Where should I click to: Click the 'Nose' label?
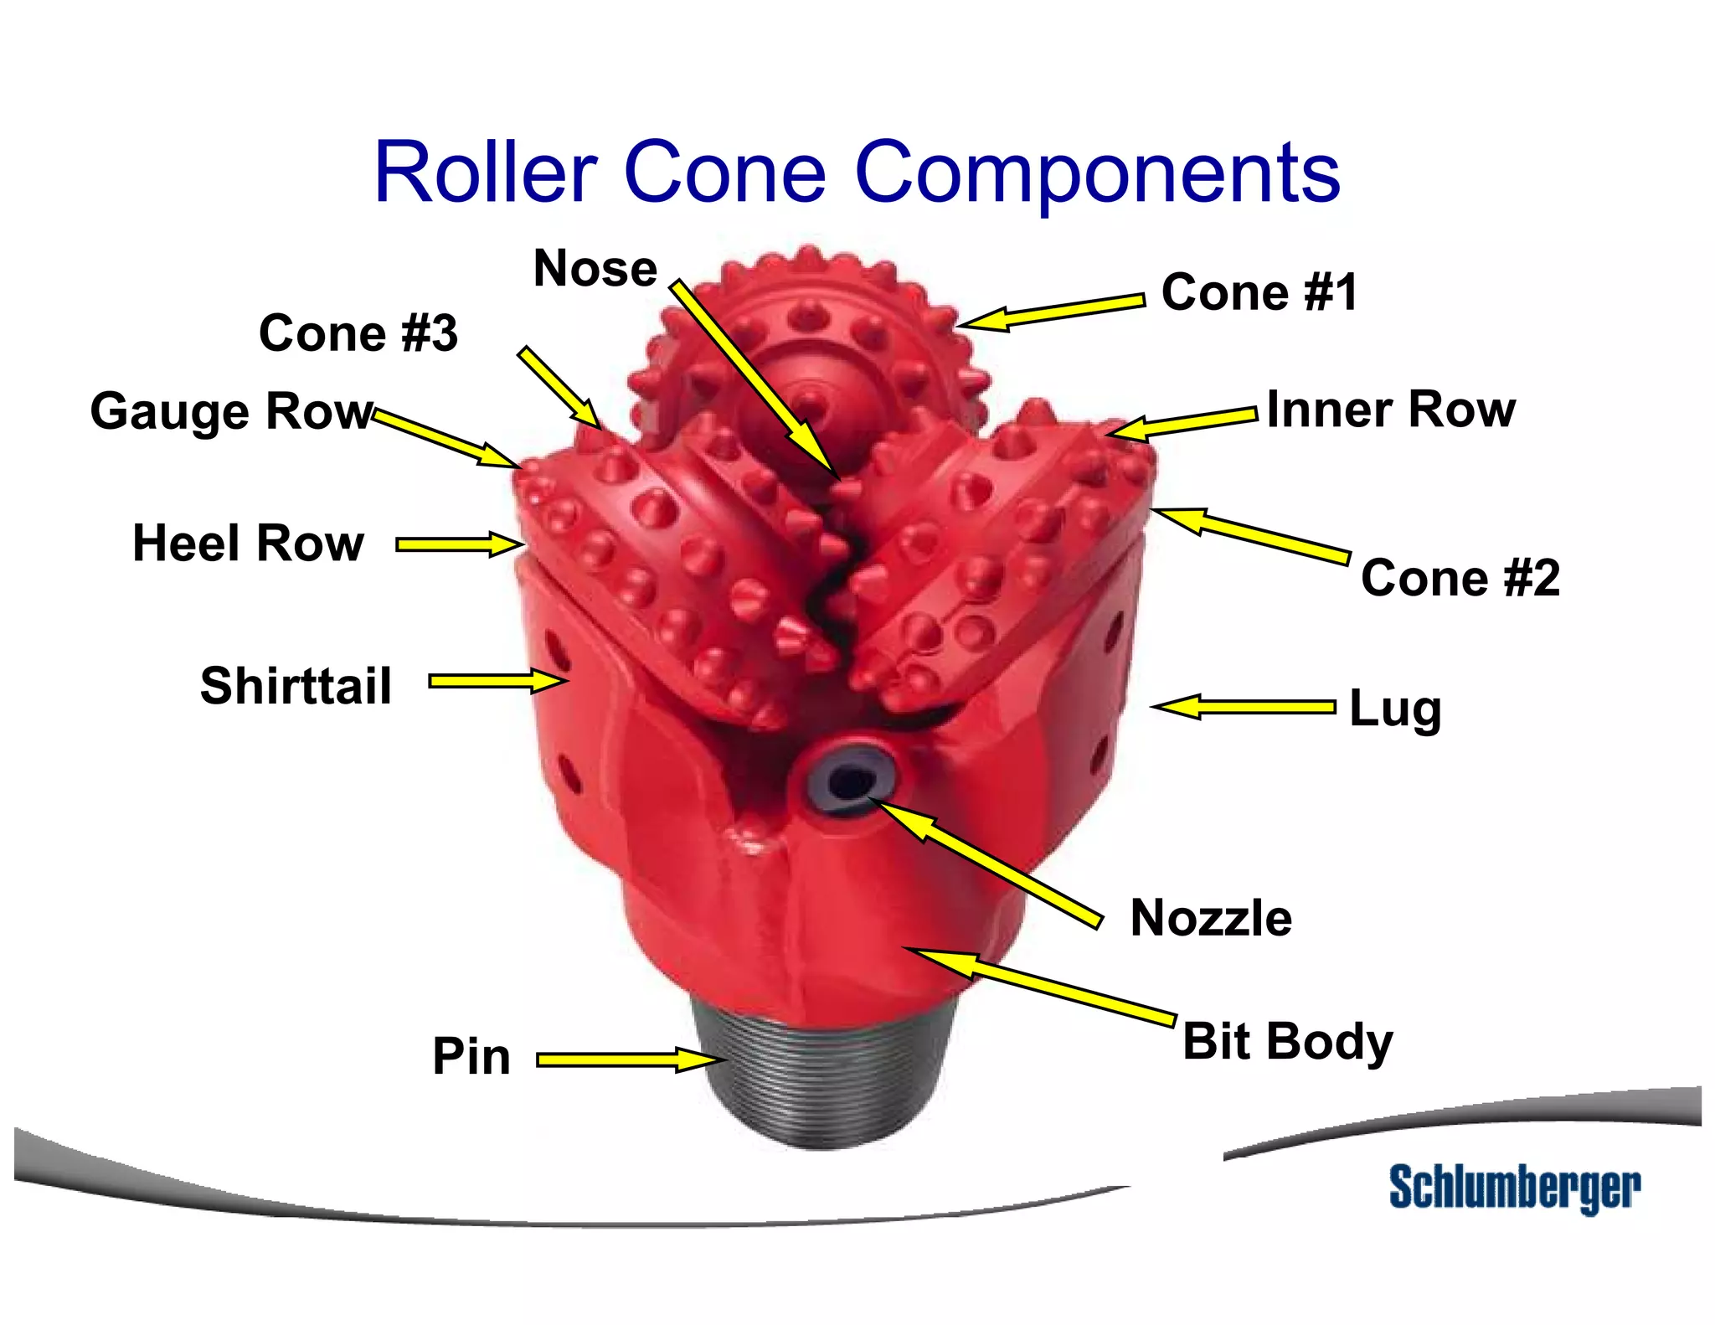coord(595,269)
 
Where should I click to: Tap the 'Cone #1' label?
coord(1259,292)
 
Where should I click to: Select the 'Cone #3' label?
coord(358,333)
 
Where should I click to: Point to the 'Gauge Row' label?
coord(231,411)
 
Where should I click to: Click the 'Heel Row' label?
coord(249,543)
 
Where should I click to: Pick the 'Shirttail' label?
coord(296,686)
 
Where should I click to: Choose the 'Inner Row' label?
coord(1391,410)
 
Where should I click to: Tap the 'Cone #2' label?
coord(1460,578)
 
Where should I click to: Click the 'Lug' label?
coord(1395,709)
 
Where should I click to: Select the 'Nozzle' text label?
coord(1211,918)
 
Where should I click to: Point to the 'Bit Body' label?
coord(1287,1041)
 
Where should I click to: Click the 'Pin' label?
coord(471,1056)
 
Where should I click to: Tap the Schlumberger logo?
coord(1514,1188)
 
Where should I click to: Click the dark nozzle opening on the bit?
coord(850,782)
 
